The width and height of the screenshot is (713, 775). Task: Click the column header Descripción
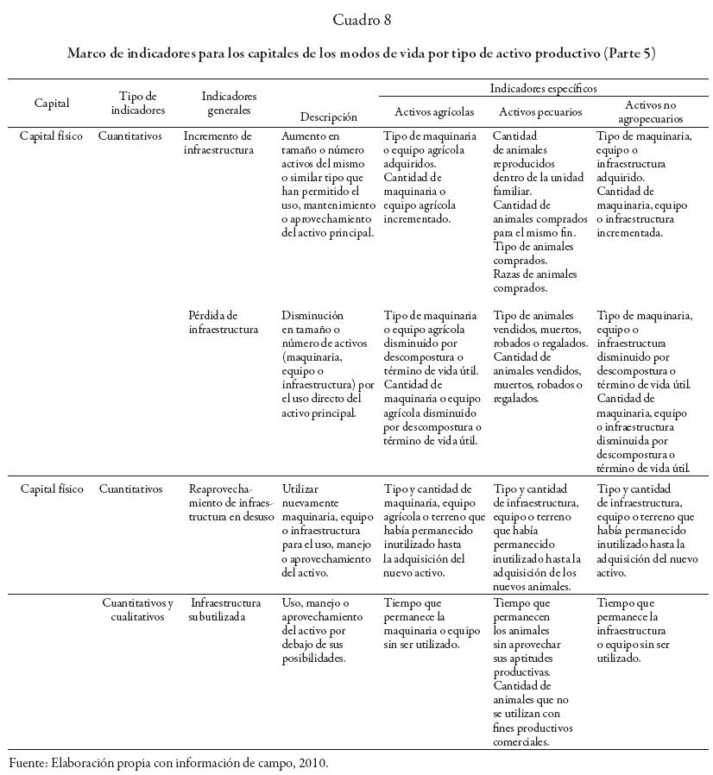(x=328, y=117)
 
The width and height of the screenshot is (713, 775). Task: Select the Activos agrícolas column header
(x=434, y=111)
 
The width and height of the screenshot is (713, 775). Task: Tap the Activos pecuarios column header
(x=540, y=111)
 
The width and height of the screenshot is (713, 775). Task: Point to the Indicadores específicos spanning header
(x=543, y=88)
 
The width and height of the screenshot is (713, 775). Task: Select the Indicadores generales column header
(x=229, y=103)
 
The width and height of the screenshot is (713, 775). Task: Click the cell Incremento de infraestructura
(x=220, y=143)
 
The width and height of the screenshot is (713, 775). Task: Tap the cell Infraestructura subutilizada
(x=224, y=609)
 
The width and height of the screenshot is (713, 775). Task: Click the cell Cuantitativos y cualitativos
(x=138, y=609)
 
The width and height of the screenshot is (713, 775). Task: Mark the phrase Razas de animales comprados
(x=532, y=281)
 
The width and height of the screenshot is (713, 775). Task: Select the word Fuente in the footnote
(x=27, y=764)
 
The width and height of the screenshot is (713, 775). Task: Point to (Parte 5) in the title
(x=630, y=53)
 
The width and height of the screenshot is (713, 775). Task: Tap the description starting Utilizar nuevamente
(x=328, y=530)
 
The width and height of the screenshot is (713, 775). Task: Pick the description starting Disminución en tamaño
(x=328, y=364)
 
